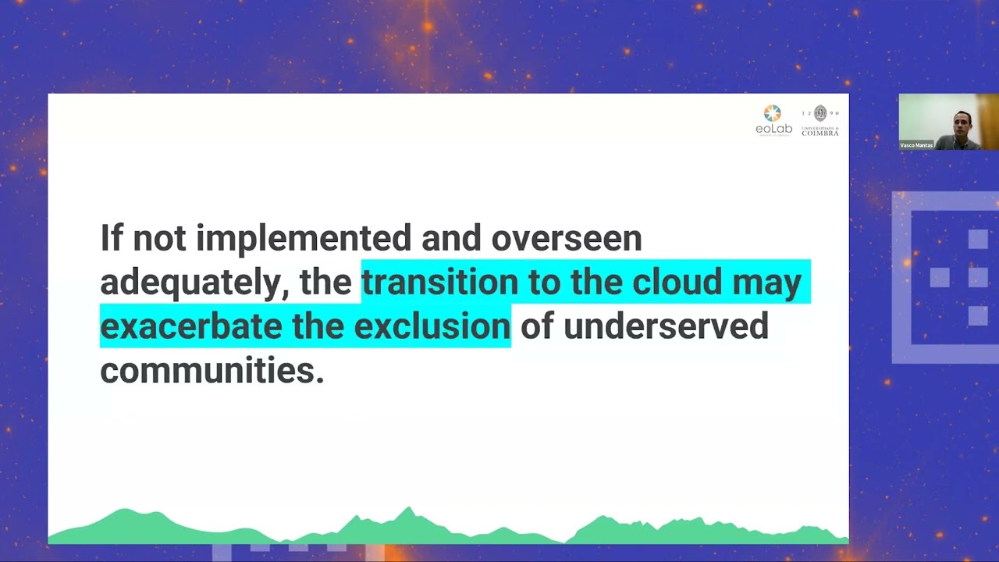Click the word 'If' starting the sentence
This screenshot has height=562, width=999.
coord(112,237)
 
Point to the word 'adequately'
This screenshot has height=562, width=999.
coord(190,283)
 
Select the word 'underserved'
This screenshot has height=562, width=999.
coord(666,326)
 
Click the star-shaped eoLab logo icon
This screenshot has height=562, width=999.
coord(773,113)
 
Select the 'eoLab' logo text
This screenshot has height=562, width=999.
coord(773,129)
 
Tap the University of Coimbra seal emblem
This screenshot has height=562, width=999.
coord(820,113)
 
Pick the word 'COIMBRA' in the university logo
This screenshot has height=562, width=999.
coord(820,133)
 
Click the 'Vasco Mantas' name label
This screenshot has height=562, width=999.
coord(916,145)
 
